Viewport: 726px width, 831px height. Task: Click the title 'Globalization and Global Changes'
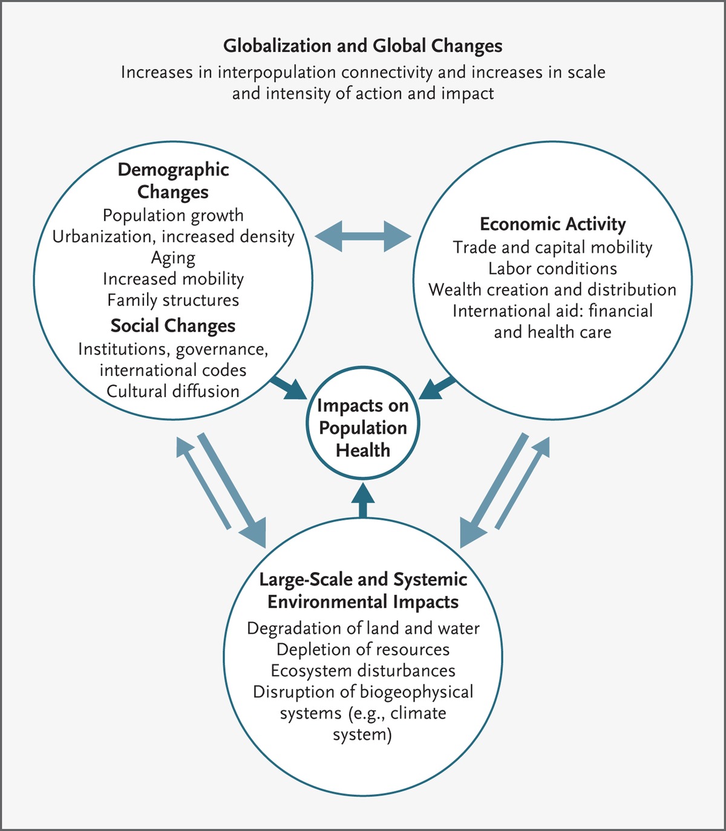click(x=363, y=46)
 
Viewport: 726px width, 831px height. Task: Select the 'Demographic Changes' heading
click(x=173, y=181)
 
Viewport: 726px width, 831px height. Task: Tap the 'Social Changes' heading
click(x=173, y=326)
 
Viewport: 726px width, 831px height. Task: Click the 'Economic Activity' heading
click(x=552, y=224)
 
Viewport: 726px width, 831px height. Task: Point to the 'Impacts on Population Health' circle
click(x=363, y=428)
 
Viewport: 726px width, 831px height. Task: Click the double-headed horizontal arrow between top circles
click(x=363, y=236)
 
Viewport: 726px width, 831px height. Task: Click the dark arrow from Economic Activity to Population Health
click(x=438, y=387)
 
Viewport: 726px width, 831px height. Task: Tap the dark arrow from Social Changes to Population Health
click(x=288, y=387)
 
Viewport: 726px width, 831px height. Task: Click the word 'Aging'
click(x=173, y=258)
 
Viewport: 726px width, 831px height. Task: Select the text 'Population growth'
click(x=173, y=216)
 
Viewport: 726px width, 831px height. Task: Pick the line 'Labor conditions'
click(x=552, y=269)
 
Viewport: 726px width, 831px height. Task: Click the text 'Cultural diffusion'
click(x=173, y=392)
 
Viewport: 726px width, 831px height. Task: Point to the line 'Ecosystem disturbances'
click(x=363, y=671)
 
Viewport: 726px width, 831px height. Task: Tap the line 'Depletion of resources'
click(x=363, y=650)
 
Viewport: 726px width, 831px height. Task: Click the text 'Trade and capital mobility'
click(x=552, y=248)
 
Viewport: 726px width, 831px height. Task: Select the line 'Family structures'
click(x=173, y=300)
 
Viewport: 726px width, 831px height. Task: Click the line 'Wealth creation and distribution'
click(x=552, y=290)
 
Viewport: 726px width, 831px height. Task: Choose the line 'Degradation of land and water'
click(x=363, y=629)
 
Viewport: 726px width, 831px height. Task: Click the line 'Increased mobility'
click(x=173, y=279)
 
